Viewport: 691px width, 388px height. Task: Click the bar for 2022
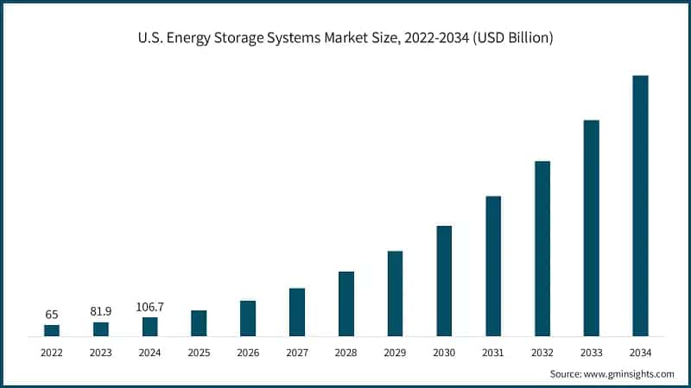[52, 330]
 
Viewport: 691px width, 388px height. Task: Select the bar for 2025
[199, 322]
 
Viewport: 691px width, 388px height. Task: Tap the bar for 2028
[346, 304]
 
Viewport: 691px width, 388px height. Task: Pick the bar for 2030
[444, 280]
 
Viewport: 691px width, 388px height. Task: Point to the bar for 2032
[542, 248]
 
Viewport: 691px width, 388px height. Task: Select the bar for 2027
[297, 311]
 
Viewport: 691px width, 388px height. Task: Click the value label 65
[52, 315]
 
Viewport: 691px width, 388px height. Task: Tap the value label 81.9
[101, 312]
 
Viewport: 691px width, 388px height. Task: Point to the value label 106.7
[150, 307]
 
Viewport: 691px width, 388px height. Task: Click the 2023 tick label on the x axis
[101, 353]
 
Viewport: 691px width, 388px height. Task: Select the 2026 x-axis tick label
[248, 353]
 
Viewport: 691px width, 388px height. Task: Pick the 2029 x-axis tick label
[395, 353]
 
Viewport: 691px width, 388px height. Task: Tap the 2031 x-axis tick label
[493, 353]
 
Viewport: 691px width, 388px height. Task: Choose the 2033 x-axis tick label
[591, 353]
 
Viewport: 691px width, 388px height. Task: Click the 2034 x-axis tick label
[640, 353]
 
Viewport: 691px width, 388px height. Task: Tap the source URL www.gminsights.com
[631, 374]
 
